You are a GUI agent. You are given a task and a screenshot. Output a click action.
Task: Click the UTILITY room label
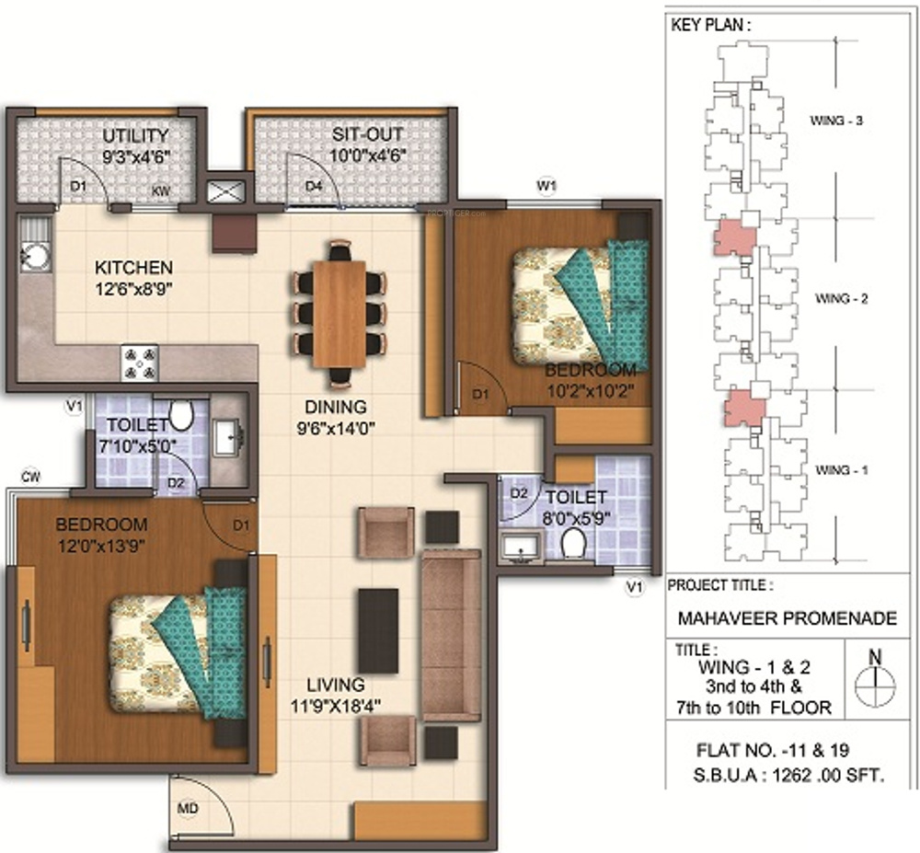point(135,136)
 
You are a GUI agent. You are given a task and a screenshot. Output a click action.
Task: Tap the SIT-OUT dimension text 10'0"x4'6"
point(369,156)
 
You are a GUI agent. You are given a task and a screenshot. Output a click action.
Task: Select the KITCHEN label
point(133,268)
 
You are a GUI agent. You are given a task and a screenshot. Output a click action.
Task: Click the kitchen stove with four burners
point(140,363)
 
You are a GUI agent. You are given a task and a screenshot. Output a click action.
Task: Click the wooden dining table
point(339,313)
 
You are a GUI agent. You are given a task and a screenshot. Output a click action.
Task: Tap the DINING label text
point(336,407)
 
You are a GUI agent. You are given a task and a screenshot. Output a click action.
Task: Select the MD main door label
point(188,809)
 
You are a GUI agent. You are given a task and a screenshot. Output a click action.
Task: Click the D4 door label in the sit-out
point(314,187)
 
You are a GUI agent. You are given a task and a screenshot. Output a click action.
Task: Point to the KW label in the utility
point(161,190)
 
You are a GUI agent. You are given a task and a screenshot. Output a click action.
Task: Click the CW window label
point(30,477)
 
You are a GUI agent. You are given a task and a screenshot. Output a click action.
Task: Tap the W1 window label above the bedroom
point(546,186)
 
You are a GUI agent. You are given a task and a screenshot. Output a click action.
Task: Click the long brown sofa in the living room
point(451,635)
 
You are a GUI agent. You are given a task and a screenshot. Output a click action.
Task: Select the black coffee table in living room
point(378,630)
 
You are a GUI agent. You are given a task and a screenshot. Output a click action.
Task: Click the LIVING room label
point(336,685)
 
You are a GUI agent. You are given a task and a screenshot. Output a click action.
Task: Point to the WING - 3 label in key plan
point(836,121)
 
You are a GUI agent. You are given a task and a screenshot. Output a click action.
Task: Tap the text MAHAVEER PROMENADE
point(788,617)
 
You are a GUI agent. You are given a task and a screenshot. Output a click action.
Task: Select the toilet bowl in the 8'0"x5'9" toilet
point(572,543)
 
